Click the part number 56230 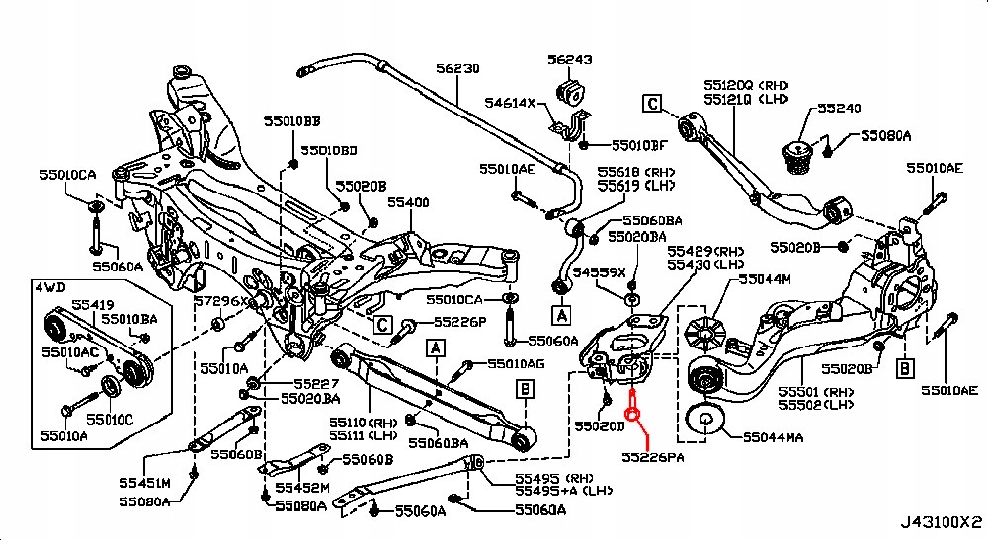[x=458, y=68]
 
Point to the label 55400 [x=407, y=202]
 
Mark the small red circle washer [x=635, y=415]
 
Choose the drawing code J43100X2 [x=942, y=520]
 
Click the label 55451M [x=144, y=482]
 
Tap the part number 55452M [x=302, y=487]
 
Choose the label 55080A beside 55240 [x=885, y=136]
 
